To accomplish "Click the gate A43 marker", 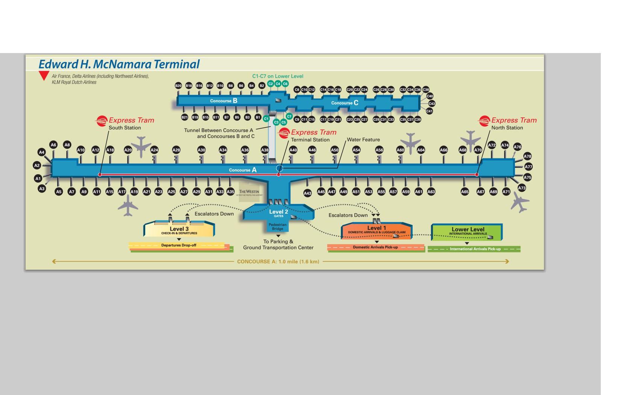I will [x=307, y=193].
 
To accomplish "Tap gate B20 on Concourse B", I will [x=178, y=86].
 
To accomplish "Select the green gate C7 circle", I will [x=289, y=116].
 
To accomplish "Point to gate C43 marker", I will [x=431, y=103].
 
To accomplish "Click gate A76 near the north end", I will [x=517, y=147].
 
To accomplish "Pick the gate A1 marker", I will [x=38, y=179].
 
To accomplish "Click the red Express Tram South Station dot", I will [x=100, y=175].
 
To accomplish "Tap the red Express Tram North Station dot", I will [x=477, y=175].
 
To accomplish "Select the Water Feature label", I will [x=363, y=140].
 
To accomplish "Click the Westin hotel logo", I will [x=249, y=192].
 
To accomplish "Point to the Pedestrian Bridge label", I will [x=278, y=227].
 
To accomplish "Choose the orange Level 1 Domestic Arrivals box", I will [x=377, y=230].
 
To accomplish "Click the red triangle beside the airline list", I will [x=44, y=76].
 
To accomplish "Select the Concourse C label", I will [x=345, y=103].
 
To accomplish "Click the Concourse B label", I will [x=223, y=101].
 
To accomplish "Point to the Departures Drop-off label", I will [x=179, y=245].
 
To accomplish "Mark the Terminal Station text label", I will [x=310, y=140].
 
